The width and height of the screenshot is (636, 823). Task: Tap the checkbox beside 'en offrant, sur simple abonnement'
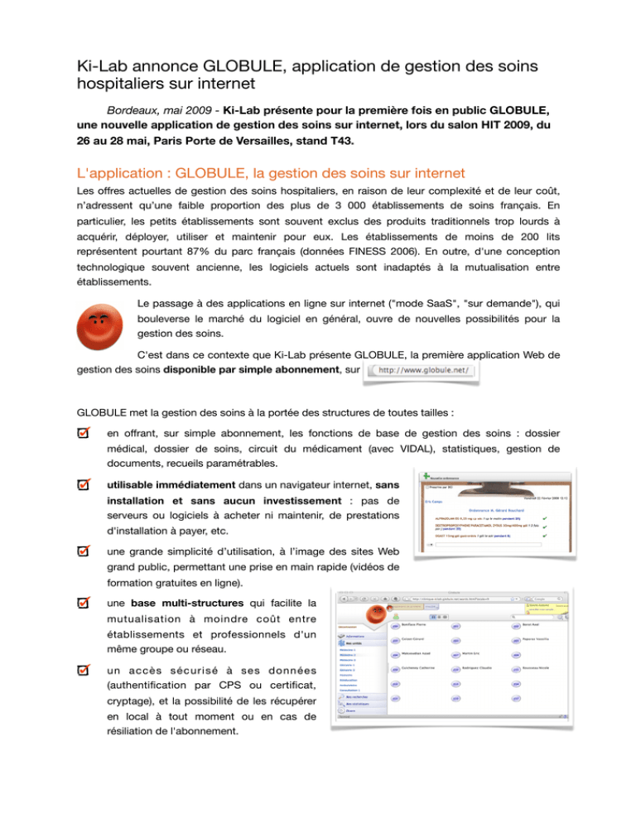84,435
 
